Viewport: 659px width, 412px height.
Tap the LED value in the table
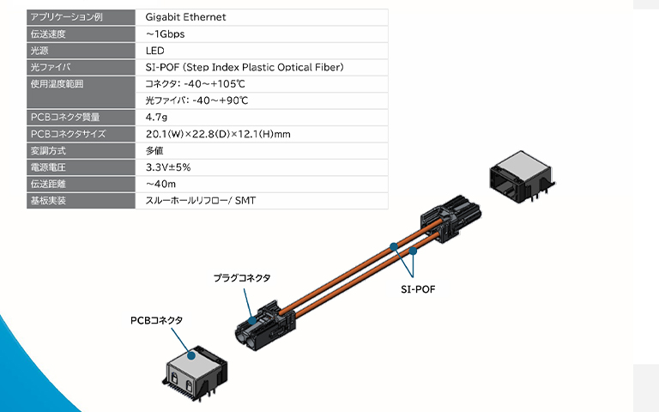(155, 50)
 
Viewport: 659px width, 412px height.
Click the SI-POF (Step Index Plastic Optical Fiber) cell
(245, 67)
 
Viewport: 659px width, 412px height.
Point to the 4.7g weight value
(156, 117)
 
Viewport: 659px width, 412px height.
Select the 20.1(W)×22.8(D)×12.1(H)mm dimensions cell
(218, 134)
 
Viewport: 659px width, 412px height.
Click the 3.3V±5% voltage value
(168, 167)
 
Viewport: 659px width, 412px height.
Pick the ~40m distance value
(160, 184)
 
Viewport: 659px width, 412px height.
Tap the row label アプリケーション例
(66, 16)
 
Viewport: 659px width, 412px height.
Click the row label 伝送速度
(48, 33)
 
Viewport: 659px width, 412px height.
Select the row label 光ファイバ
(51, 67)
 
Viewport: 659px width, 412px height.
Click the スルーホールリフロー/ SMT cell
(201, 201)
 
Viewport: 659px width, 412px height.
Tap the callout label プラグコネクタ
(242, 277)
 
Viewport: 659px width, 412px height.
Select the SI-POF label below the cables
(418, 289)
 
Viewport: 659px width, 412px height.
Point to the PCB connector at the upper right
(518, 181)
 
